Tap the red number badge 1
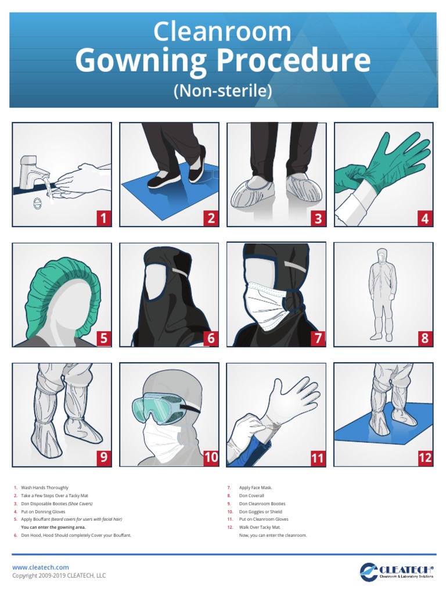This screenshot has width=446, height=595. [103, 218]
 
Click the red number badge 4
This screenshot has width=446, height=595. [425, 218]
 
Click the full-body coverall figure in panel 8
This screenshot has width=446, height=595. [383, 293]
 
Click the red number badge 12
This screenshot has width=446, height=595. [425, 458]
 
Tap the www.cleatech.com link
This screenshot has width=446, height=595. [41, 567]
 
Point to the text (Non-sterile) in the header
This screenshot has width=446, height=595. [223, 91]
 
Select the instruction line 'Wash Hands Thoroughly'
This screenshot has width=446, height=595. [45, 488]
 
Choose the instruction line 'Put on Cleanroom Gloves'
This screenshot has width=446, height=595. [264, 519]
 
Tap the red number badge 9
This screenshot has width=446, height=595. [103, 458]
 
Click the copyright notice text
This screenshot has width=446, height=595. [59, 576]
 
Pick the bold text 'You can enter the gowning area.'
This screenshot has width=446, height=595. [53, 528]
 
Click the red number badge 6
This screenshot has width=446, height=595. [211, 338]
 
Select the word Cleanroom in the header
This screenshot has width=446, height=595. [222, 32]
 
